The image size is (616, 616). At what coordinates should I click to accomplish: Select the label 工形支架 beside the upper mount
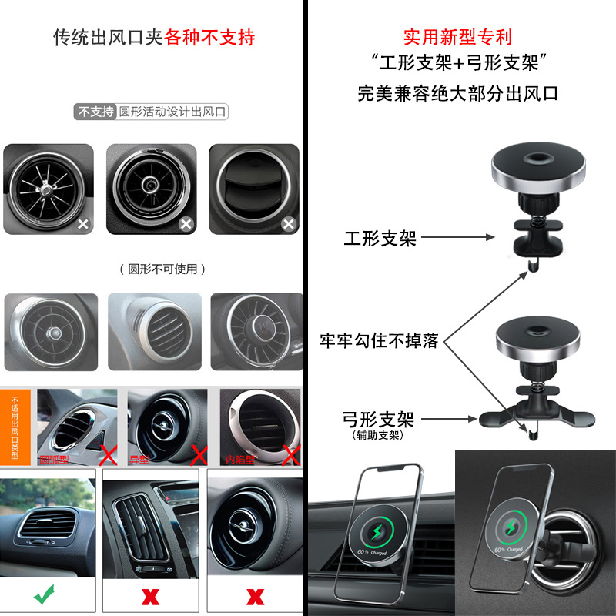point(380,239)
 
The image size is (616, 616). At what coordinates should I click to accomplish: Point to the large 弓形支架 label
point(378,420)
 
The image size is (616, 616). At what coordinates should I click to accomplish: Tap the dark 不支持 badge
point(96,112)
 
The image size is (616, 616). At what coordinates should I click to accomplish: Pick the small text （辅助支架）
point(378,436)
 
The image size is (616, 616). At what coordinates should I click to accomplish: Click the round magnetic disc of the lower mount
point(537,339)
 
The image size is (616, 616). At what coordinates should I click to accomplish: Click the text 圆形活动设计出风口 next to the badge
point(172,112)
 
